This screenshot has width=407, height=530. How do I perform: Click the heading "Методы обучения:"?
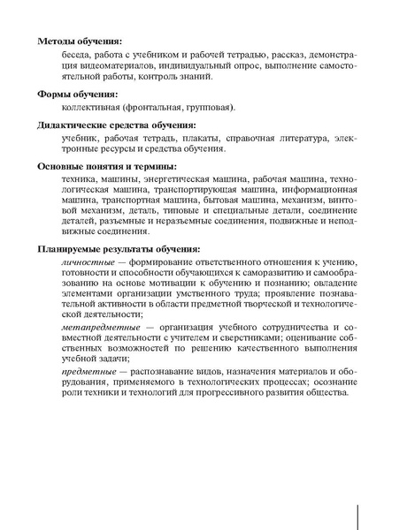(x=81, y=42)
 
